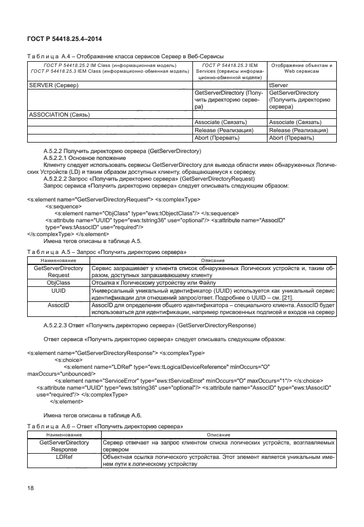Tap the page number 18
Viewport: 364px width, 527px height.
coord(31,488)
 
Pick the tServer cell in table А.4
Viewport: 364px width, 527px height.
coord(278,85)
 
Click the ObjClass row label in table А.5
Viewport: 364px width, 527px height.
coord(58,283)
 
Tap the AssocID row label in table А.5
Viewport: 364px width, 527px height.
coord(58,305)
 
